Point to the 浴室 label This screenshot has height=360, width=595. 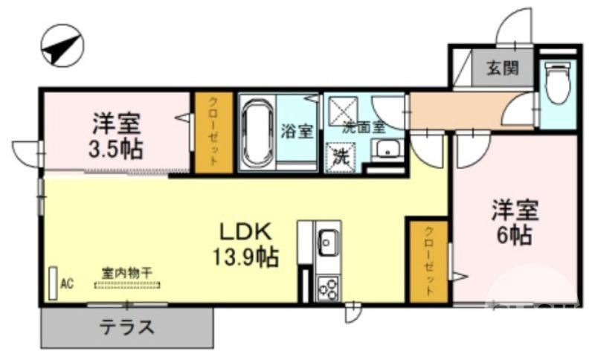[x=296, y=132]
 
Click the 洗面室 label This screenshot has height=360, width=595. [x=363, y=126]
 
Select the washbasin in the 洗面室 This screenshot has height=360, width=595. [x=387, y=150]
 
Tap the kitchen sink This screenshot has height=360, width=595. [x=327, y=242]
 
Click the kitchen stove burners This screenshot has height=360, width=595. [x=327, y=287]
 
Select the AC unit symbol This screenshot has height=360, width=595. [x=53, y=283]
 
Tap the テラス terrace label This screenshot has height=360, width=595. [x=127, y=326]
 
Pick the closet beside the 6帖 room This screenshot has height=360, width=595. [x=428, y=261]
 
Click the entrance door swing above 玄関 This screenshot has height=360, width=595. [x=515, y=27]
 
